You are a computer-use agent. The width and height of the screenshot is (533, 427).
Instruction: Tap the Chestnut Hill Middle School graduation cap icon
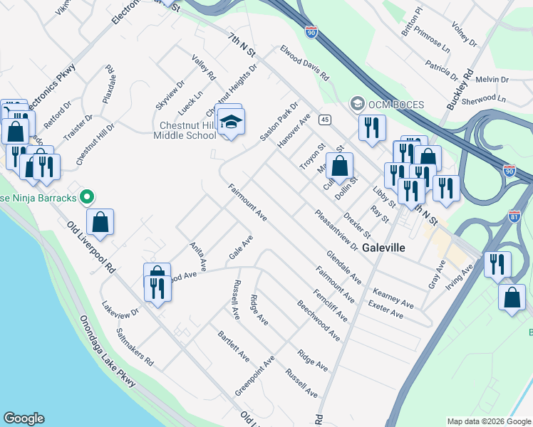click(x=230, y=122)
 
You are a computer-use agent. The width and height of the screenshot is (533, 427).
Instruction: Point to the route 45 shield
click(x=324, y=119)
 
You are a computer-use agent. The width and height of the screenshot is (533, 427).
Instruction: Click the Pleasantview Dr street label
click(x=336, y=230)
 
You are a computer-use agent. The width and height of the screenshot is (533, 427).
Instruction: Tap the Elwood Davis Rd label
click(x=304, y=63)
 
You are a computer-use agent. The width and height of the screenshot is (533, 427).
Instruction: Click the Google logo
click(x=24, y=418)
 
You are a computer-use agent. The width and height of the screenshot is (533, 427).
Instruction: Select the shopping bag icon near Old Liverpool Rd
click(x=100, y=221)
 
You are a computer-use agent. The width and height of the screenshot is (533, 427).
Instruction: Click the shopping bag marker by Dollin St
click(x=340, y=166)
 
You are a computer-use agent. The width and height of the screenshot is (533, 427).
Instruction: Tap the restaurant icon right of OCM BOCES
click(x=372, y=128)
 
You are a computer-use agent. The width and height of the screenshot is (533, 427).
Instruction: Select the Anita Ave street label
click(x=197, y=256)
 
